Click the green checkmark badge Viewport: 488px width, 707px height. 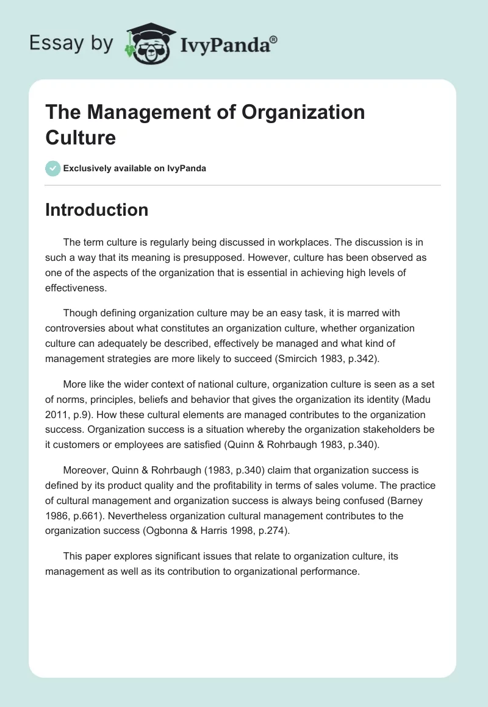[53, 168]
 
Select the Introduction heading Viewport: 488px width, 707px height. [96, 210]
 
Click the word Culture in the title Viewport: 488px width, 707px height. [80, 137]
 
